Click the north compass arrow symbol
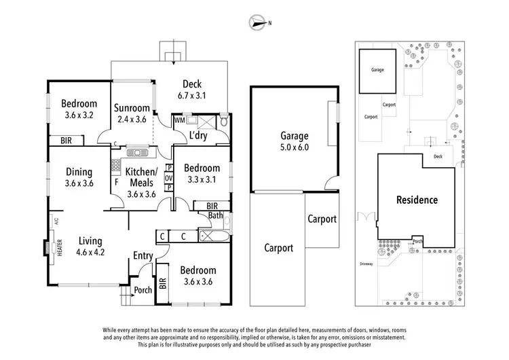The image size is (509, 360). [x=257, y=22]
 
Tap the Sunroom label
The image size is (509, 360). [x=131, y=108]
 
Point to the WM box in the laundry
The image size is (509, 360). [x=179, y=120]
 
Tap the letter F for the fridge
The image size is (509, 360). [x=116, y=182]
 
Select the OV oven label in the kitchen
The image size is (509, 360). [x=169, y=178]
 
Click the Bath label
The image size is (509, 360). [x=216, y=216]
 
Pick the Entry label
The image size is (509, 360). [x=143, y=255]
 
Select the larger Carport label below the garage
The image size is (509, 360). [x=279, y=248]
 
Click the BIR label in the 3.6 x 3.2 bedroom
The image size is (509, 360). [x=67, y=141]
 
